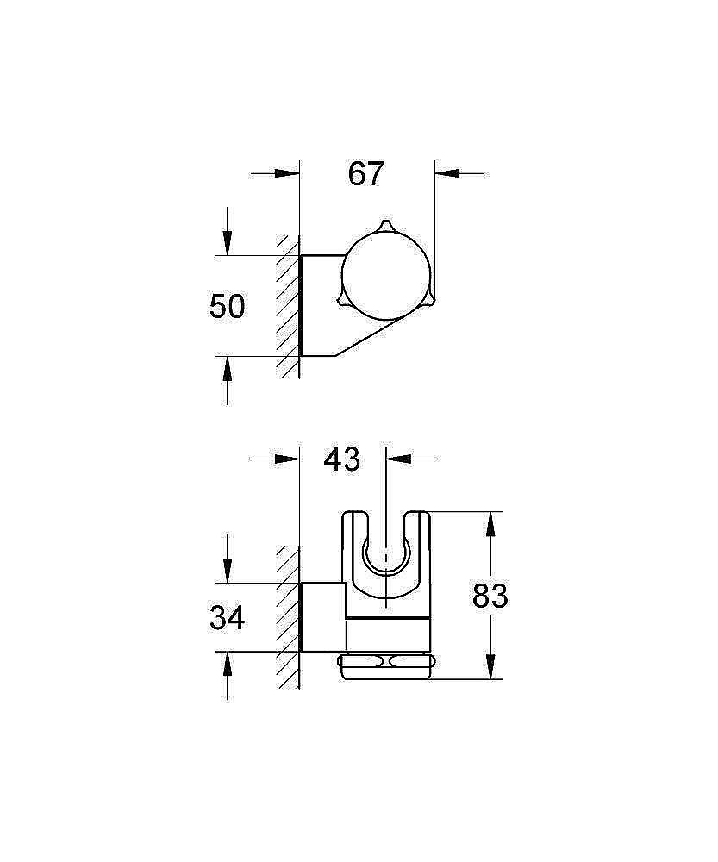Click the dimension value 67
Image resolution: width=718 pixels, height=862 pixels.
(x=365, y=174)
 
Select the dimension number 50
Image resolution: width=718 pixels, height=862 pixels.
(x=228, y=306)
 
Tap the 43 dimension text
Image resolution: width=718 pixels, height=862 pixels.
(x=342, y=459)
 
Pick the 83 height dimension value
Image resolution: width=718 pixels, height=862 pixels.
(x=490, y=596)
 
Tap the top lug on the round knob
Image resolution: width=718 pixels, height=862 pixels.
(x=385, y=227)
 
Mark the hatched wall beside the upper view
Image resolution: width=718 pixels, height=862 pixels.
(x=288, y=306)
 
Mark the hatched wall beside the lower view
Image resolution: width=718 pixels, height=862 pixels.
(x=288, y=616)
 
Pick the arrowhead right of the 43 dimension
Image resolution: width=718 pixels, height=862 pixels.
(x=399, y=459)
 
